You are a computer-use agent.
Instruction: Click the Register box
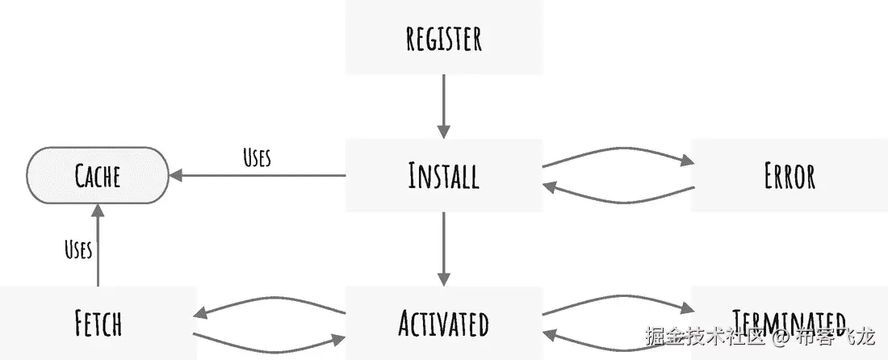443,38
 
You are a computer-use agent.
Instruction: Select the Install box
443,175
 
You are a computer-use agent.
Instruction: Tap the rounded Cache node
98,174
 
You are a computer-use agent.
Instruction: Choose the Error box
790,175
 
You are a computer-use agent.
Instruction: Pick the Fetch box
98,322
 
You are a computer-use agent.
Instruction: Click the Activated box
443,322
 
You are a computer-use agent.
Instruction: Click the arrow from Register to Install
443,105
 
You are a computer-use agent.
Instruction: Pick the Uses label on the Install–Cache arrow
257,157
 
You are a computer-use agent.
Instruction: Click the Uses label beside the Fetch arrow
78,249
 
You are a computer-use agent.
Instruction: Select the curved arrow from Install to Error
618,152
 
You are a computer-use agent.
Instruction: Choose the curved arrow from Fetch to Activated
270,344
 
